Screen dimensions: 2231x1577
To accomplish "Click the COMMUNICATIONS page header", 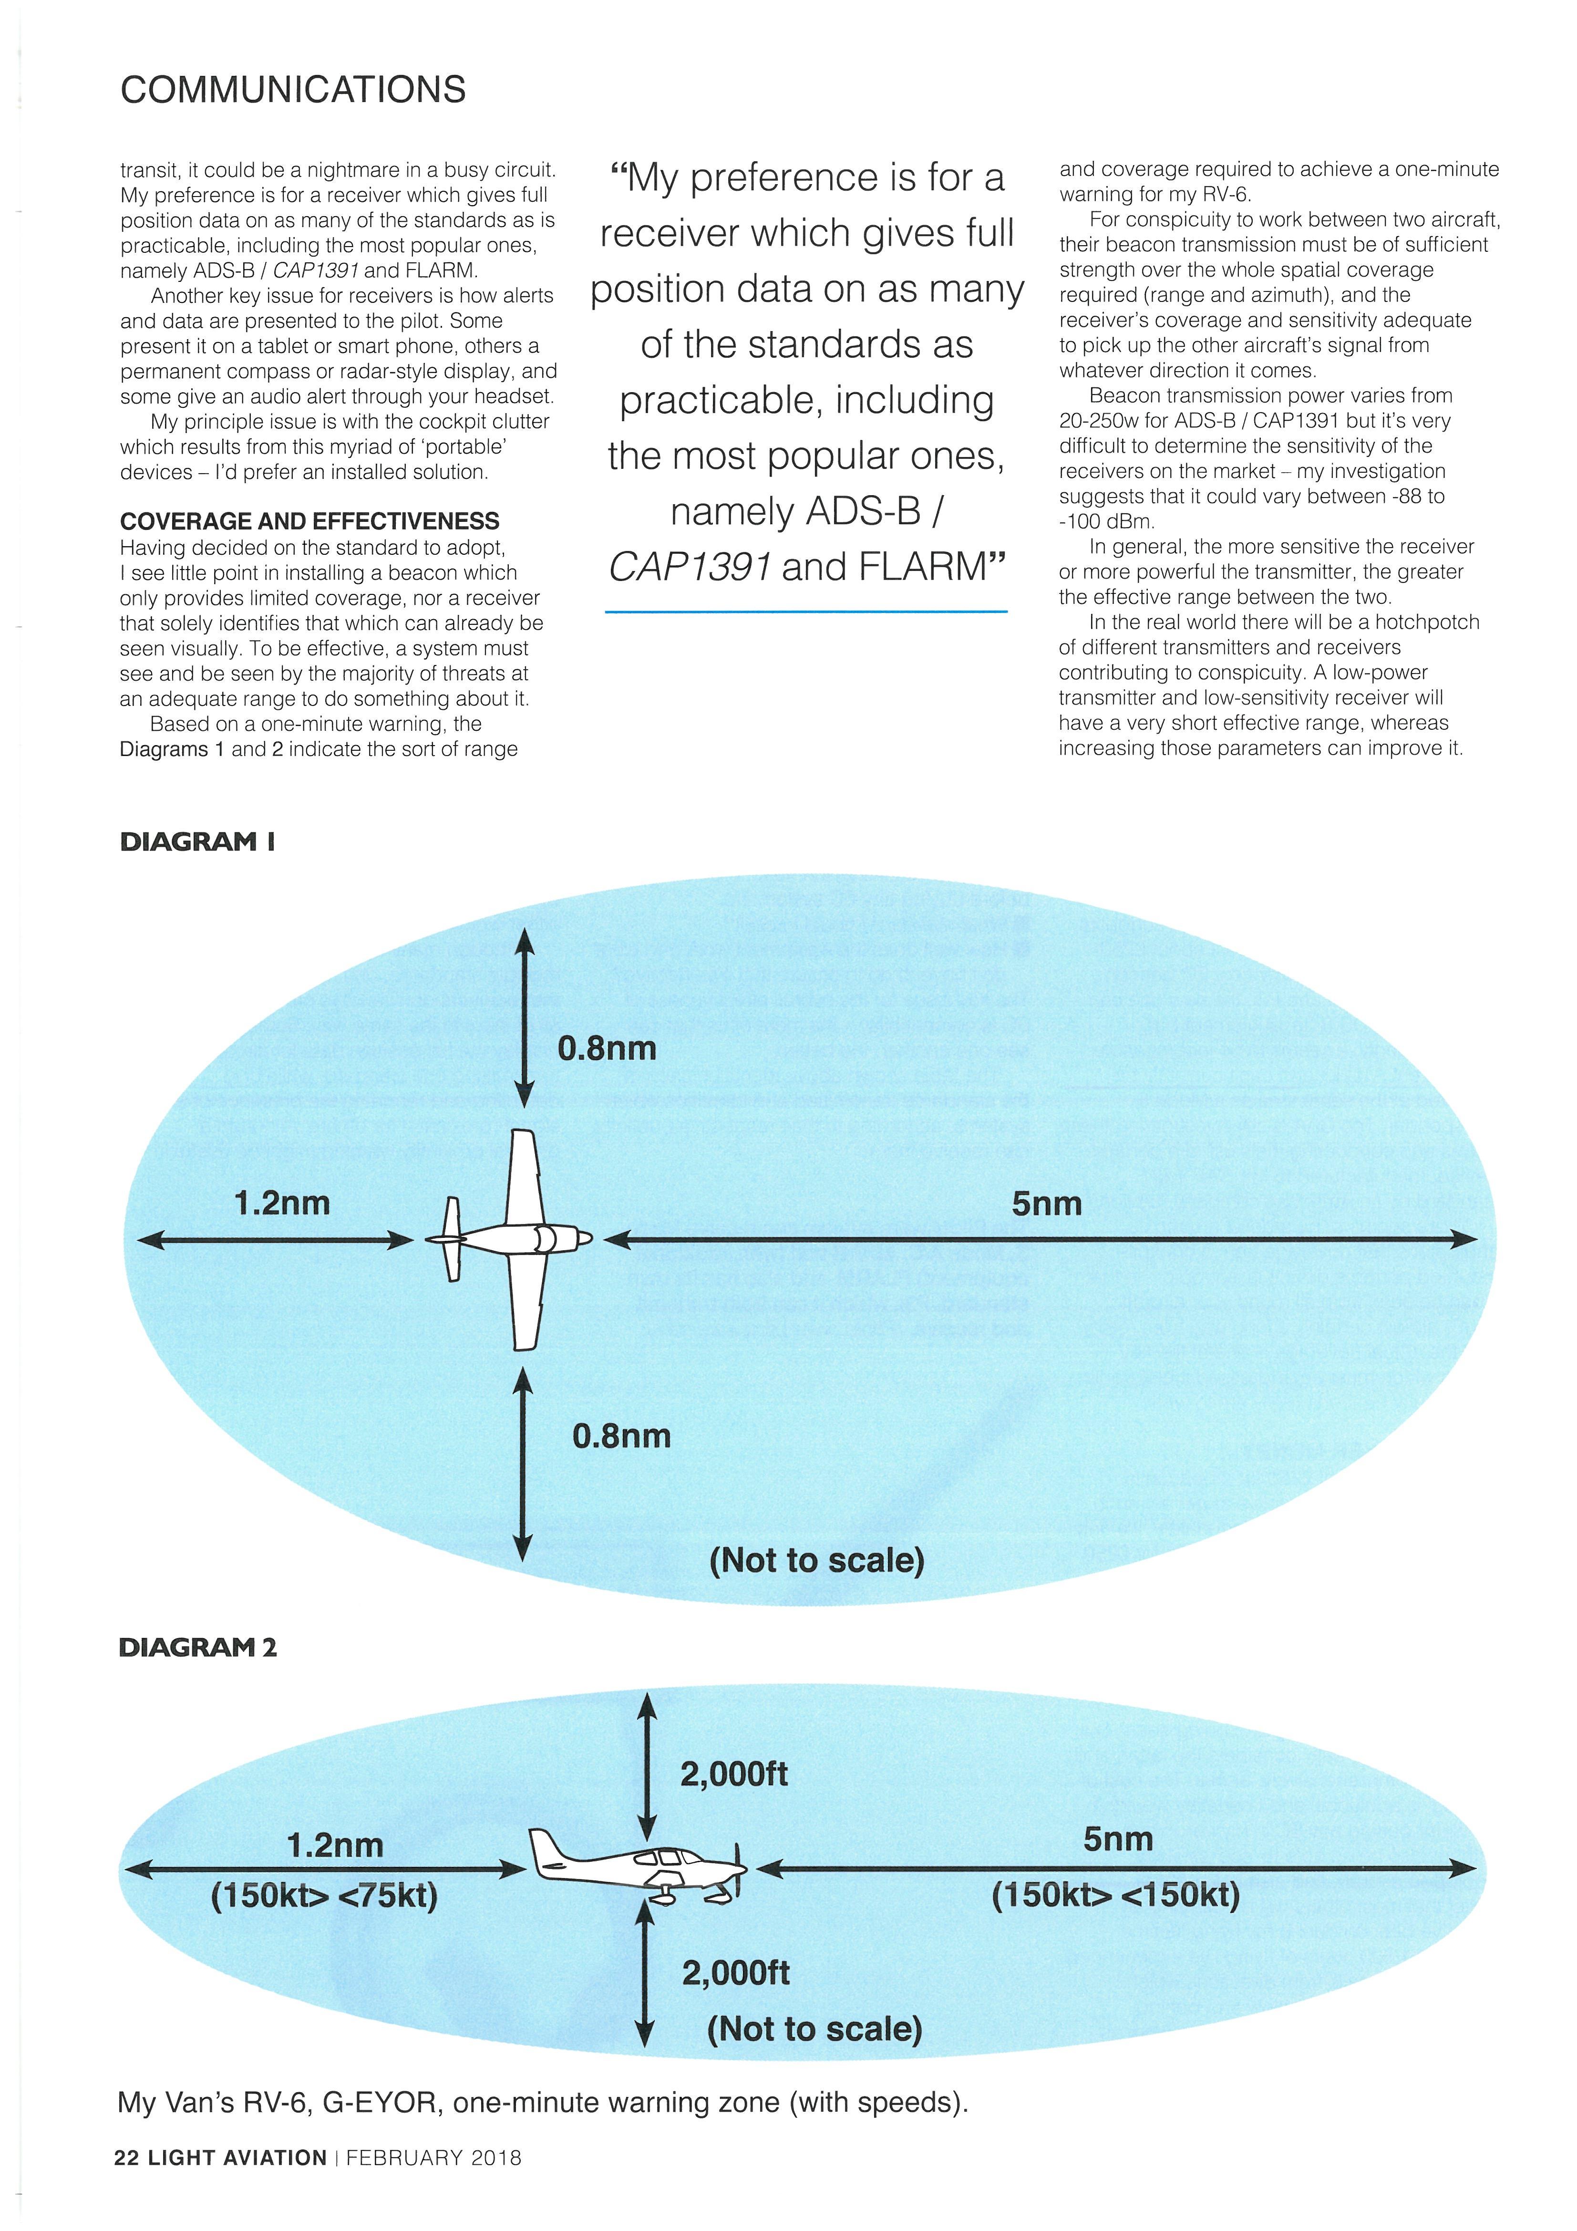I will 292,90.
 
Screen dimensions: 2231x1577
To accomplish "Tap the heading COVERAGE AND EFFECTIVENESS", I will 309,522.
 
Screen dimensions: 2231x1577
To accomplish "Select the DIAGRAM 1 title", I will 197,841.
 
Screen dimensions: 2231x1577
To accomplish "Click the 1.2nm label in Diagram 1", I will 282,1204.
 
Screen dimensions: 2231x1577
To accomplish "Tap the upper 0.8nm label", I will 606,1048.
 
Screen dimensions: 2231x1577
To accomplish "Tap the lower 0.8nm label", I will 621,1436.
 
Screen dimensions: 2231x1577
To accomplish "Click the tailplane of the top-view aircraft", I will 452,1239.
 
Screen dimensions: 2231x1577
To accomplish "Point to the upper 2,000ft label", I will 733,1774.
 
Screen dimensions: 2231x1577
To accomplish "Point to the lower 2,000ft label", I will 735,1972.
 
